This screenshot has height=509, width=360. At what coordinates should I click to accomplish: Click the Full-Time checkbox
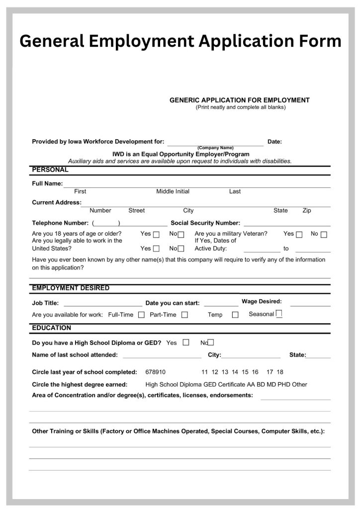(141, 315)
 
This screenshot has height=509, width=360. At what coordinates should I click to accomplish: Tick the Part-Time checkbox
(184, 315)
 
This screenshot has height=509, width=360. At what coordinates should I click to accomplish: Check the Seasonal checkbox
(279, 314)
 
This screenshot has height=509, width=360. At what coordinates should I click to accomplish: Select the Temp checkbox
(235, 315)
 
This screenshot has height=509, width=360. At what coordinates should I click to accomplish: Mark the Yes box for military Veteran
(299, 235)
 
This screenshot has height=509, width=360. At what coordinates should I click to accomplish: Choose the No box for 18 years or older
(181, 235)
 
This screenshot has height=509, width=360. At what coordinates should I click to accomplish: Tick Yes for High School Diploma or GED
(186, 342)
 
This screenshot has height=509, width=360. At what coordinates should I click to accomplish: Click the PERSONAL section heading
(50, 170)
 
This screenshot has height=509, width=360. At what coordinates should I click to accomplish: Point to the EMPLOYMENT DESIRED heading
(71, 288)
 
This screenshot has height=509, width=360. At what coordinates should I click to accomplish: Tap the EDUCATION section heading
(52, 328)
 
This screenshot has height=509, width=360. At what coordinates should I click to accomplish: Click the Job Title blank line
(103, 305)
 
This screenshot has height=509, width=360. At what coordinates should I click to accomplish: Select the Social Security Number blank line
(286, 225)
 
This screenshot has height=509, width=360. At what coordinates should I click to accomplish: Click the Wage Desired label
(262, 301)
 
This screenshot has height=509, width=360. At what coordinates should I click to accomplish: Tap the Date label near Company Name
(274, 142)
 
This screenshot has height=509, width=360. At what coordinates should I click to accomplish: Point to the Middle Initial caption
(173, 191)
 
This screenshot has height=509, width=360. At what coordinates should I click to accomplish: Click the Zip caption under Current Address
(307, 210)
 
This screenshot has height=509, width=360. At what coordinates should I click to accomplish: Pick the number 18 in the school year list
(280, 372)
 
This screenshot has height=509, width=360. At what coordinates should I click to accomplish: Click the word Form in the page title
(318, 40)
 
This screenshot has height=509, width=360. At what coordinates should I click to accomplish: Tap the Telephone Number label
(60, 223)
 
